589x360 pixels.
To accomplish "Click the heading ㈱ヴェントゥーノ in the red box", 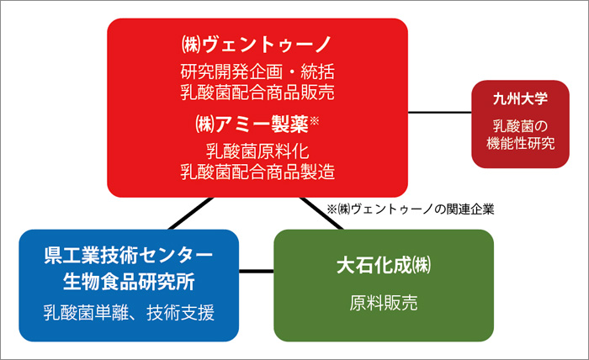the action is (257, 45).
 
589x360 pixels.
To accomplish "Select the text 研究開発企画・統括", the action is (257, 71).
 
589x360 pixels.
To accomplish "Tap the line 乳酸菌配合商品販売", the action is (257, 93).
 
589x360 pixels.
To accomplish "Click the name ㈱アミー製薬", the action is (252, 124).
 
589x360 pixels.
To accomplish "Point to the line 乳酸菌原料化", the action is (257, 151).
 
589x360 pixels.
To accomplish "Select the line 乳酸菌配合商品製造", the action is (257, 172).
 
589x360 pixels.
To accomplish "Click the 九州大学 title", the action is (520, 98).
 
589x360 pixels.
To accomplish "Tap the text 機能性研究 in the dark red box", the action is (520, 143).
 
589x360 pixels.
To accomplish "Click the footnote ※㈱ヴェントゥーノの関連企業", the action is (411, 209).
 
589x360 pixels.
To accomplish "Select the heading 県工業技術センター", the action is (129, 255).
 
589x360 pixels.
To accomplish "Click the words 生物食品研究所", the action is (129, 282).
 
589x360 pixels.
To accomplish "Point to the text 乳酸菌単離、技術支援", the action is (129, 312).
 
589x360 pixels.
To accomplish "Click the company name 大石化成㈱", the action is (384, 266).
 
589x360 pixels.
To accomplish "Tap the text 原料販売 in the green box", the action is (384, 303).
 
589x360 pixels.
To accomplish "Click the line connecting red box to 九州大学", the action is (440, 112).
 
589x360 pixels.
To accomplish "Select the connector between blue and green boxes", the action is (257, 271).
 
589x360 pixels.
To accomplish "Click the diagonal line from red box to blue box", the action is (191, 213).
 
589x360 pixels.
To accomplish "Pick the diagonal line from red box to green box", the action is (321, 213).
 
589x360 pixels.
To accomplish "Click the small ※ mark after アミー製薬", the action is (314, 120).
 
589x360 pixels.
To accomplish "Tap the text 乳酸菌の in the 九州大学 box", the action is (520, 126).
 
